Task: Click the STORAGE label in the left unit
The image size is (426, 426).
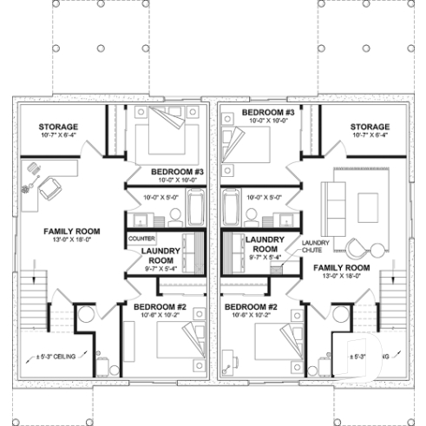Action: (57, 127)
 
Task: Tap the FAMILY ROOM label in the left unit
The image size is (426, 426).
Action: (60, 232)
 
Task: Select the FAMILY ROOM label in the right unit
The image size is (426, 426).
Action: (342, 268)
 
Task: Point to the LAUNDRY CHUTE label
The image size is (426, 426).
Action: (313, 246)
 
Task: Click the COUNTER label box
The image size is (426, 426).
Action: (141, 237)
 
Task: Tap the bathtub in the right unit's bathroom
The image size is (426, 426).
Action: (232, 209)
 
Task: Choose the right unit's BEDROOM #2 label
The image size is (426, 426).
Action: (250, 307)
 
